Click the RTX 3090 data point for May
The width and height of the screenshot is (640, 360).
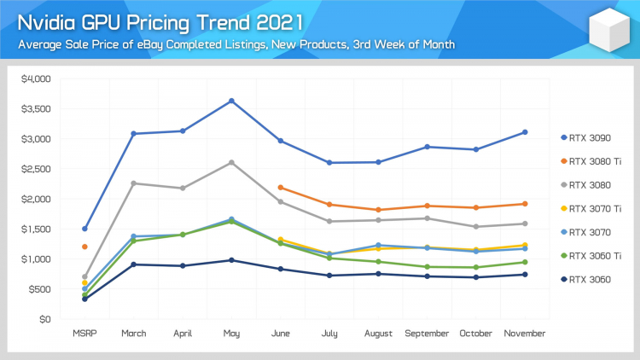[x=231, y=101]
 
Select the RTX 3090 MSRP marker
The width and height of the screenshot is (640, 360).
[x=84, y=229]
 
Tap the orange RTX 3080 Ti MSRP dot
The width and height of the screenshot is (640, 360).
[x=84, y=247]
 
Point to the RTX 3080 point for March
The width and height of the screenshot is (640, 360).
[x=134, y=183]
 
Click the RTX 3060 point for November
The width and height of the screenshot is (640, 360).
[x=525, y=274]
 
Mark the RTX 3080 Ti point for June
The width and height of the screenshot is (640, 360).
[x=281, y=188]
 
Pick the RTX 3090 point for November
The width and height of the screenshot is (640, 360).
[x=525, y=132]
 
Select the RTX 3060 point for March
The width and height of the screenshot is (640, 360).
[x=134, y=264]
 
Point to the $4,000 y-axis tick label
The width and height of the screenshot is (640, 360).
[x=36, y=79]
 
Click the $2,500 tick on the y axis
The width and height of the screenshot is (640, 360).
[x=36, y=169]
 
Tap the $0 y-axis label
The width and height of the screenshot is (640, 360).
[x=44, y=319]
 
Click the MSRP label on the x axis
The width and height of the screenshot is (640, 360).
[x=84, y=332]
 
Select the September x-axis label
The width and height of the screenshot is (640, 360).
[x=427, y=332]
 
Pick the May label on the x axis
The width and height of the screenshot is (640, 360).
[x=231, y=332]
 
